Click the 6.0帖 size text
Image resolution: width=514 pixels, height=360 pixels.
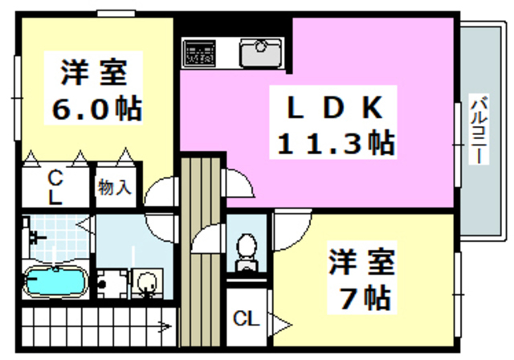(96, 108)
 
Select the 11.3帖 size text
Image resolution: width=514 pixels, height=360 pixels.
(335, 144)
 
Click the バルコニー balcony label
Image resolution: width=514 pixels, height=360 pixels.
(479, 129)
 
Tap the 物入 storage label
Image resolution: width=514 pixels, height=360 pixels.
(114, 188)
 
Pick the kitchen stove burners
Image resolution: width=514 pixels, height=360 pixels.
(199, 51)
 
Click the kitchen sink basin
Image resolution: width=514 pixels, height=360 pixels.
(259, 51)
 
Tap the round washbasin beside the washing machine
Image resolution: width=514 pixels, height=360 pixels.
(145, 283)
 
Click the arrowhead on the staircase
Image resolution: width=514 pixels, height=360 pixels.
(164, 326)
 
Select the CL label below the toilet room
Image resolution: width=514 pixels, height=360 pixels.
(246, 320)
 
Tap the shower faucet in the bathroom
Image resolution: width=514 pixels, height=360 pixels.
(34, 238)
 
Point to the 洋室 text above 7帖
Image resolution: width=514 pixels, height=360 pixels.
(361, 262)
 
